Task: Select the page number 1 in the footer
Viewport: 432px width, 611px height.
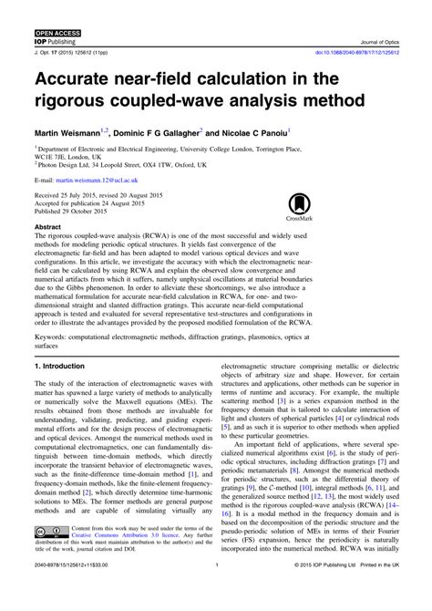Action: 215,590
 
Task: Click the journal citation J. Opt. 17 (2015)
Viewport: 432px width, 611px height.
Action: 71,52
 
